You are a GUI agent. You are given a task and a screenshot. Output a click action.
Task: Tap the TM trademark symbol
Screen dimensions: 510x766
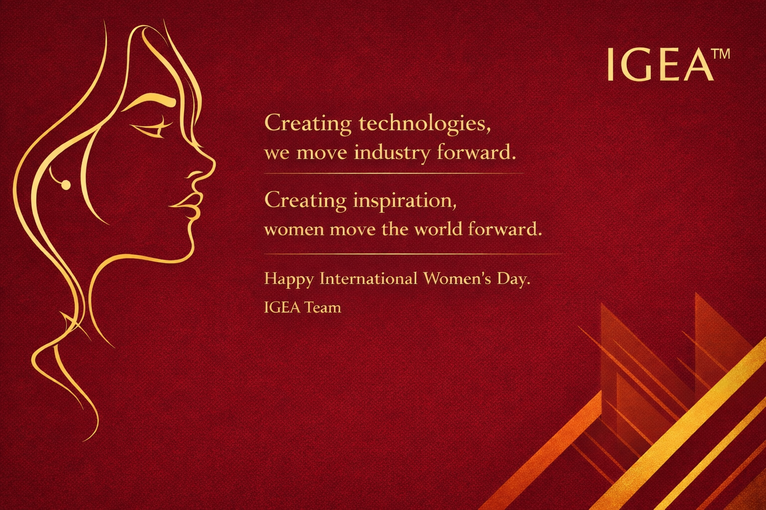720,54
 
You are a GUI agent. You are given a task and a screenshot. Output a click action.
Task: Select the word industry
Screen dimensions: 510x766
391,152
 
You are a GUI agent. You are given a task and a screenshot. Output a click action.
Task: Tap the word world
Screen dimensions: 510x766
438,229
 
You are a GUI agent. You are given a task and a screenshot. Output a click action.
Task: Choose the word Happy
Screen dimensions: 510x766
289,278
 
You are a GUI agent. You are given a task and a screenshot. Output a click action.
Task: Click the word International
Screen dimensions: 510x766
368,278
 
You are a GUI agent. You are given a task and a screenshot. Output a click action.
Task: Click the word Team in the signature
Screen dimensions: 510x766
323,307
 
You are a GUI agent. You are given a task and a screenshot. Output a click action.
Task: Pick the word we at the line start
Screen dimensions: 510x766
277,153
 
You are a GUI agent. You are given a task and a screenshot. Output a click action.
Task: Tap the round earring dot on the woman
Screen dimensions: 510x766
65,185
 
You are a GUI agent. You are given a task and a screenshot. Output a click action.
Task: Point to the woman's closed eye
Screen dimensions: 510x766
150,128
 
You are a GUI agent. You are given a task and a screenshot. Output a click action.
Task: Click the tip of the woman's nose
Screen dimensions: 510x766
213,162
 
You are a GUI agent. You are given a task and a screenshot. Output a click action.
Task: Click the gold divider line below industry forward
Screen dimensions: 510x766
394,173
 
